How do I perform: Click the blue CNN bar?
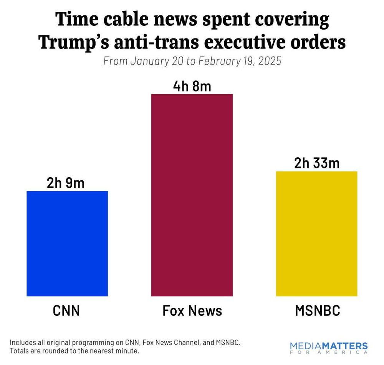(x=67, y=243)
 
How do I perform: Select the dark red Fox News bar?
(x=192, y=195)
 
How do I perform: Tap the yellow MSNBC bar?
(x=317, y=233)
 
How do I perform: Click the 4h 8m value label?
(x=192, y=86)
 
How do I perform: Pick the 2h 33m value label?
(x=317, y=163)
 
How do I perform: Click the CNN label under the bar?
(x=66, y=310)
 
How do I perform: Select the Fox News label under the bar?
(x=192, y=310)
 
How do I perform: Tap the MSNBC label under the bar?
(x=317, y=310)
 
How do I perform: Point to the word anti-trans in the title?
(x=160, y=43)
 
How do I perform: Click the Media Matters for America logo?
(x=329, y=348)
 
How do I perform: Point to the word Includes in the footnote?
(x=22, y=342)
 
